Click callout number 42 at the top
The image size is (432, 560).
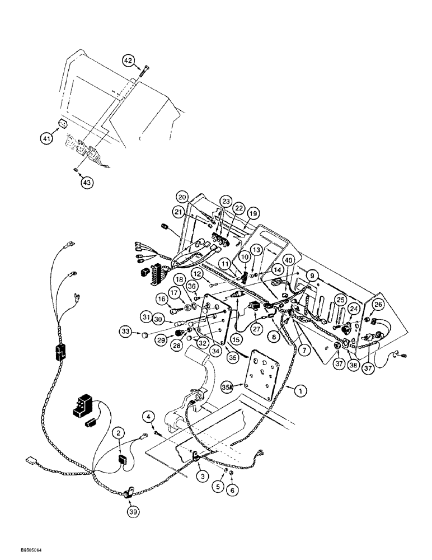pos(129,60)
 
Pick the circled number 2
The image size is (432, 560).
pos(118,432)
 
